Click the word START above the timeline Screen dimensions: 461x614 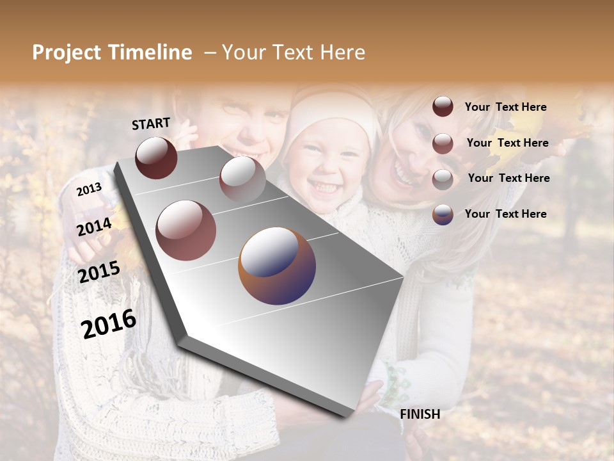tap(151, 124)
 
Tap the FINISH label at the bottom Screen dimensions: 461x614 tap(420, 414)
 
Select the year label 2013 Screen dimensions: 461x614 tap(89, 189)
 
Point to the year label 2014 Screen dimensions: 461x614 tap(94, 227)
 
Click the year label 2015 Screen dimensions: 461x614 tap(98, 272)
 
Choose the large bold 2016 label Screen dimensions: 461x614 tap(109, 323)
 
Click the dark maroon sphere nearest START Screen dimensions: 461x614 tap(156, 158)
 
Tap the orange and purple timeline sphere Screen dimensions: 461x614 tap(277, 266)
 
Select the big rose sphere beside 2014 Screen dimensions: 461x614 tap(186, 230)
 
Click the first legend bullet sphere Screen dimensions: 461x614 tap(443, 107)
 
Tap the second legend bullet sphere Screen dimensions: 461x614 tap(443, 143)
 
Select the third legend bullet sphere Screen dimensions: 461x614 tap(443, 179)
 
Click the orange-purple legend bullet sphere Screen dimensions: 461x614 tap(443, 214)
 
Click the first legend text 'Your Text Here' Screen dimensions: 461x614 tap(505, 107)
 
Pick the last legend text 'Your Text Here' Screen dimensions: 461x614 tap(505, 214)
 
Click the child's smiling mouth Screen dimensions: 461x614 tap(326, 187)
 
